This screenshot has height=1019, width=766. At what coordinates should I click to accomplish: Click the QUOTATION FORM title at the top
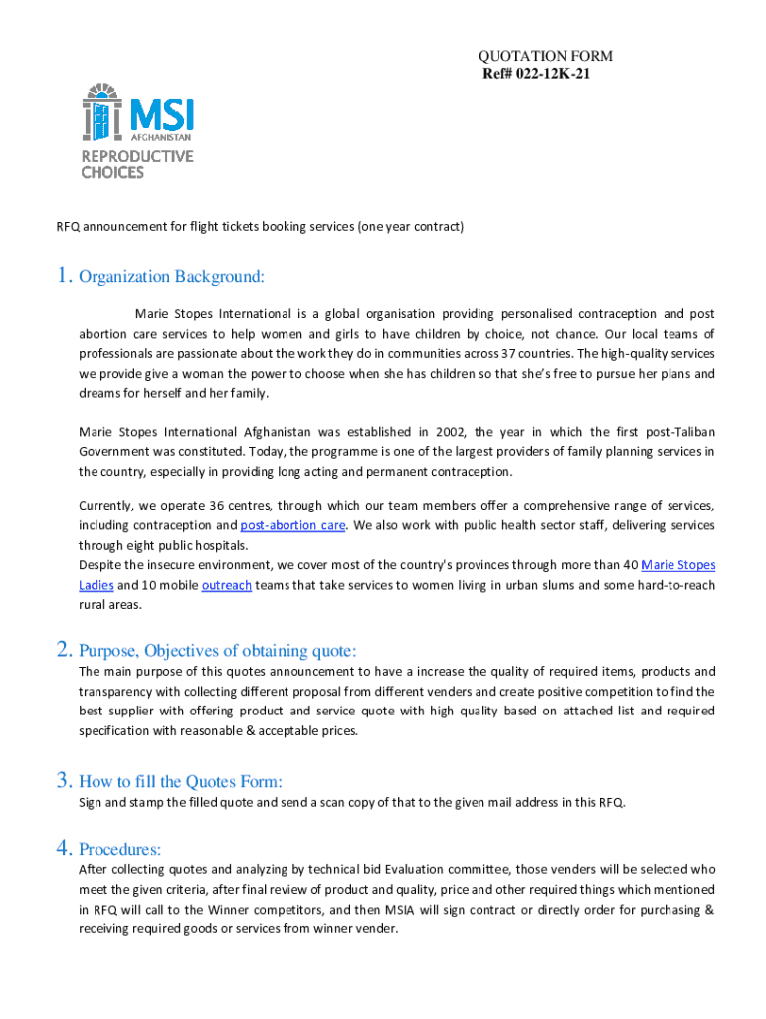545,57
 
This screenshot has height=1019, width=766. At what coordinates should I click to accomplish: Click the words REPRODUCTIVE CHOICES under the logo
136,164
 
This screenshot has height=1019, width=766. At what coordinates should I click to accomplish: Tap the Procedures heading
119,849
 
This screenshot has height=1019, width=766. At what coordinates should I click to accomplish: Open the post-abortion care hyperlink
292,525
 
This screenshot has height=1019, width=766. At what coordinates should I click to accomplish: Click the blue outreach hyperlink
226,585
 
